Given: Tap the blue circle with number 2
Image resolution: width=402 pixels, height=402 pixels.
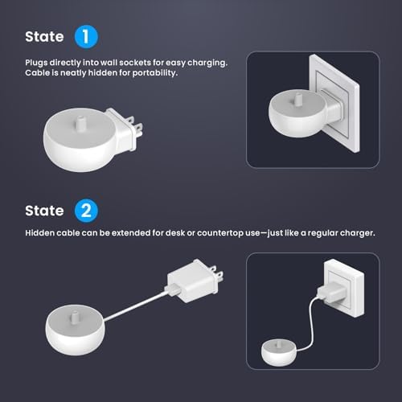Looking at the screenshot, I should coord(86,211).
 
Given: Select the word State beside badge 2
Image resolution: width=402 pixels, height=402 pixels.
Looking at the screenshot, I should coord(44,211).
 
